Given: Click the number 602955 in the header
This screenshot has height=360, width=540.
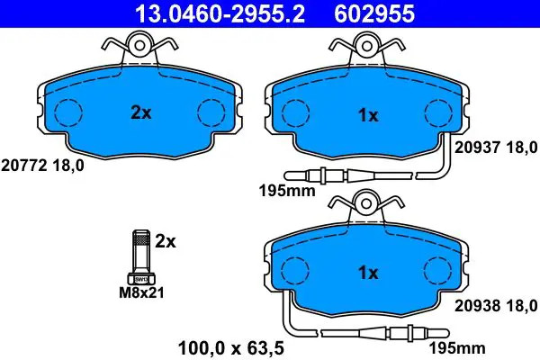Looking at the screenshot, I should [388, 13].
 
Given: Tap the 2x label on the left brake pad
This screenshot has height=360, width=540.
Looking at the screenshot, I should [140, 112].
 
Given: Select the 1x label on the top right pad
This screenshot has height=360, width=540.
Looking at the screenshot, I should [369, 114].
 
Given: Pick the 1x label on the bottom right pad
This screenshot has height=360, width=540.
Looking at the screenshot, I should [369, 272].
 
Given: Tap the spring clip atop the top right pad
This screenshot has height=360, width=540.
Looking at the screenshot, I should [367, 45].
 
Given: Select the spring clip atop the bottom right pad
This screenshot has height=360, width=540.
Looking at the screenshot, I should [367, 204].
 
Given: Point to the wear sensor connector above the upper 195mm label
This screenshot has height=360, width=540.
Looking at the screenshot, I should [324, 175].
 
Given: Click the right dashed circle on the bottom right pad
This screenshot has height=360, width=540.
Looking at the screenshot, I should [438, 271].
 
